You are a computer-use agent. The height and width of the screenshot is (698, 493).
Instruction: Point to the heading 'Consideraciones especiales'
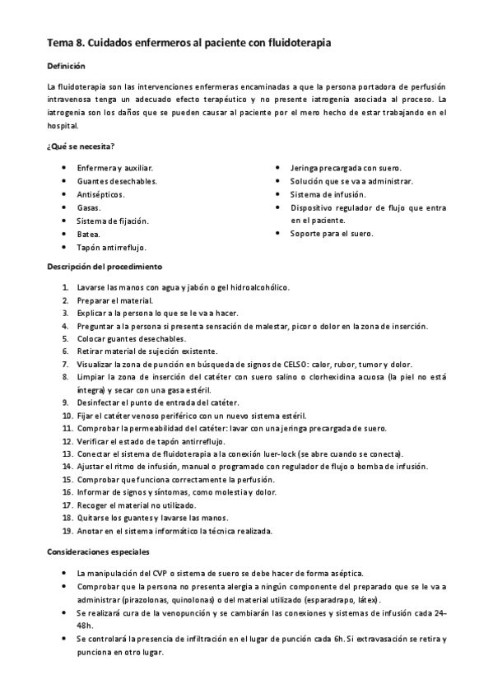tap(99, 551)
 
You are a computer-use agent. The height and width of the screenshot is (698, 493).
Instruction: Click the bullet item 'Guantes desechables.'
tap(117, 180)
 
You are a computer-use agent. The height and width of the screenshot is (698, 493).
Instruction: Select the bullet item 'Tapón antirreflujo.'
tap(111, 246)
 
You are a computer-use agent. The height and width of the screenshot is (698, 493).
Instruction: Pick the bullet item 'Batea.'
tap(89, 233)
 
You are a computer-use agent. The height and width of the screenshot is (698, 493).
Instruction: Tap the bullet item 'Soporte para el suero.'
tap(331, 233)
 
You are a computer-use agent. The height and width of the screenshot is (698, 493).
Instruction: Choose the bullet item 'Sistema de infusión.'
tap(328, 194)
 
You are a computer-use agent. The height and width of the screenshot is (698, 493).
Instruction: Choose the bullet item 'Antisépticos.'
tap(100, 194)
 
